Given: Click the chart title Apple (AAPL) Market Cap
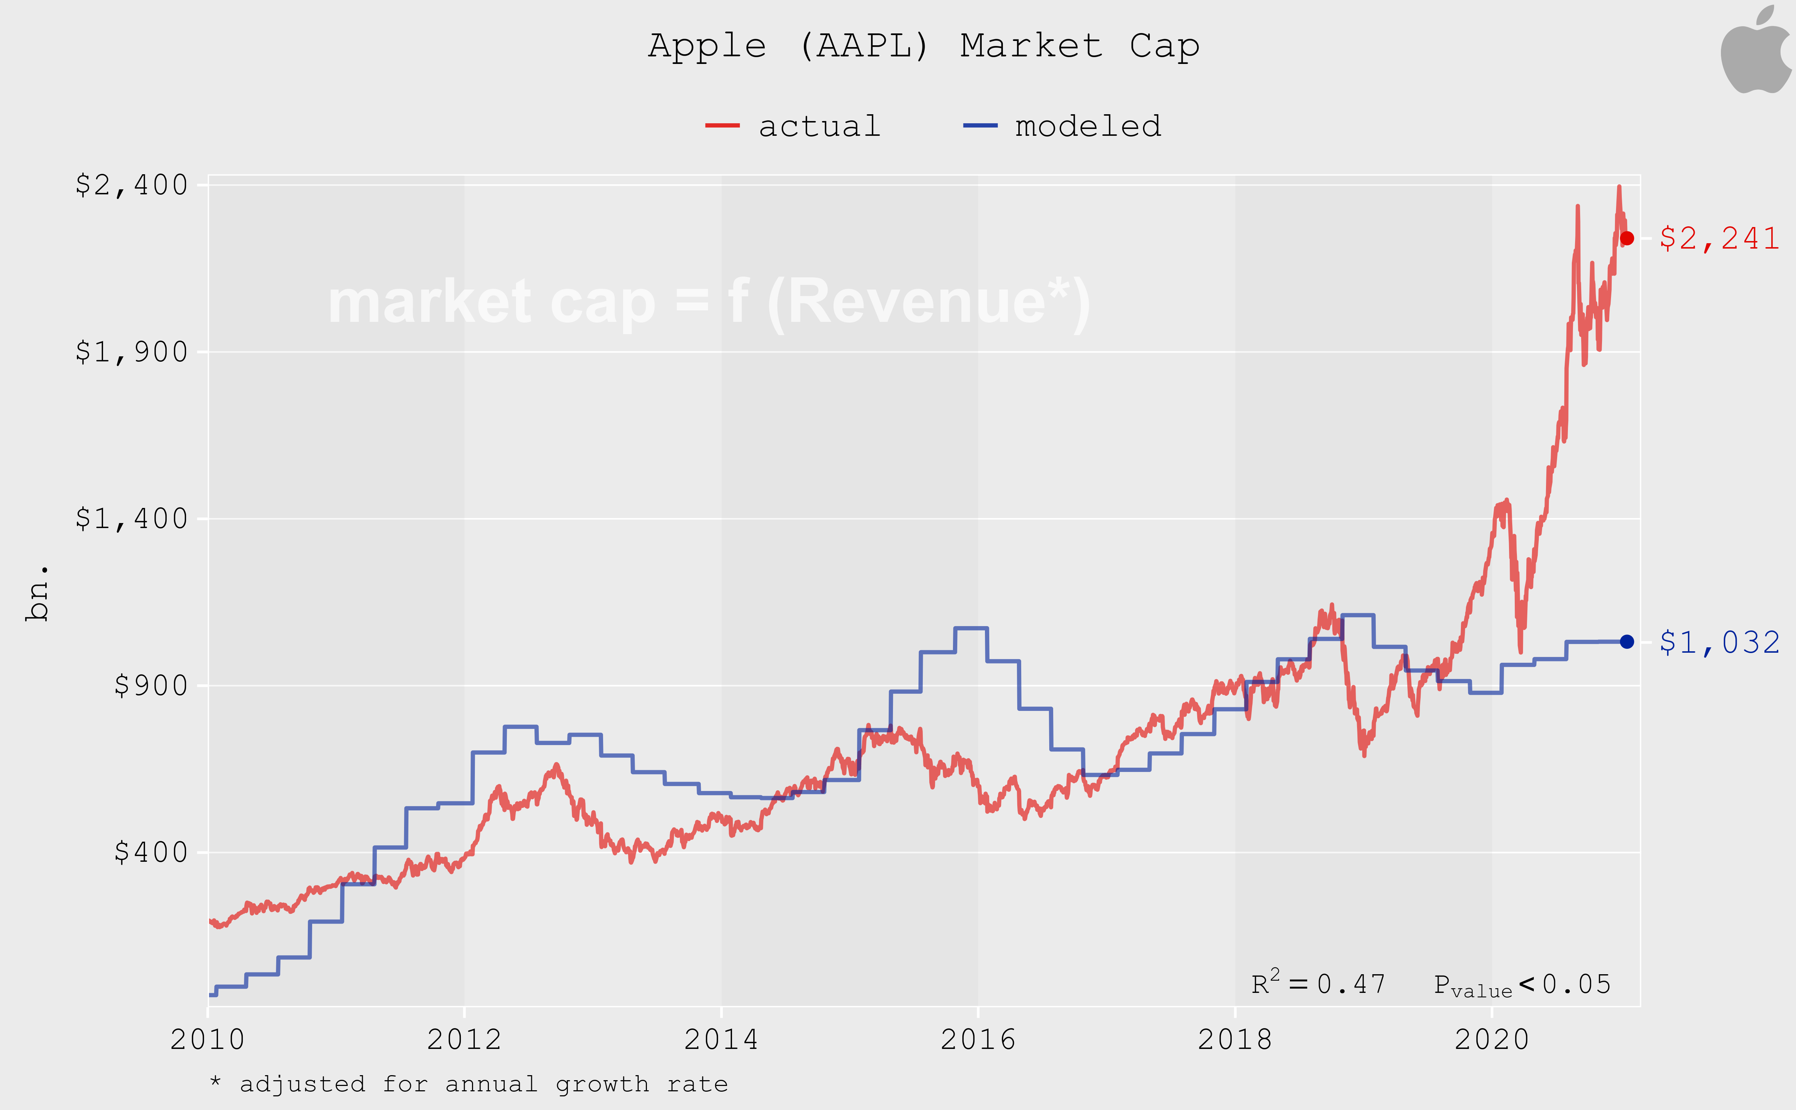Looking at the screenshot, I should pos(923,46).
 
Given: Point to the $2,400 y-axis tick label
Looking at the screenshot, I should pos(132,185).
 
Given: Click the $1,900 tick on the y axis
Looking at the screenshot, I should pos(132,352).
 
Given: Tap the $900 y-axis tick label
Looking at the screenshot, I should pos(151,686).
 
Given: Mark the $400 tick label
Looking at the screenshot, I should pos(151,852).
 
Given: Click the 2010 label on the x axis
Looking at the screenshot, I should pos(208,1040).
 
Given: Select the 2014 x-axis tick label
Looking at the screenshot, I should pos(721,1040).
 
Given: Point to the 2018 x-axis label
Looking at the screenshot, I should pos(1235,1040).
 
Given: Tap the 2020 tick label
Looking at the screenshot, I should pos(1491,1040).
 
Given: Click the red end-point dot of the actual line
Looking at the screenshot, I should pos(1626,239).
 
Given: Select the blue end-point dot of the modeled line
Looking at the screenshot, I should pos(1626,642).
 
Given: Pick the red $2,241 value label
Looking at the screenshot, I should pos(1719,239).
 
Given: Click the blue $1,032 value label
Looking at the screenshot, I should pos(1719,642).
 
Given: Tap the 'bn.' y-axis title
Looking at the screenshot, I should pos(37,593).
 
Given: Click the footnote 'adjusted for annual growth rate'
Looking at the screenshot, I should pos(470,1084).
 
